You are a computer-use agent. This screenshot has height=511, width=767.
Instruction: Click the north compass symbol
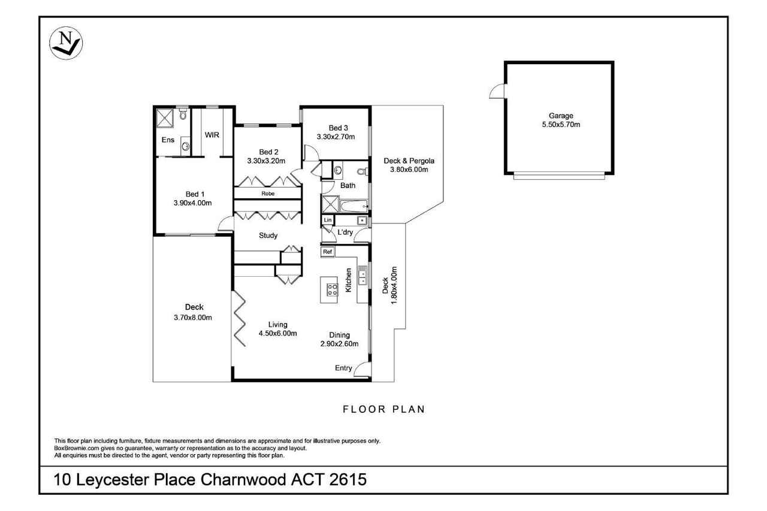pos(66,43)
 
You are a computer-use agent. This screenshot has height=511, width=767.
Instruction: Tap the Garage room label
pos(561,116)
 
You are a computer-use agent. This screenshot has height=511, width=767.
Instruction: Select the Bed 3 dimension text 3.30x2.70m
pos(336,137)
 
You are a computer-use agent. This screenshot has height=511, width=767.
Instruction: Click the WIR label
pos(212,135)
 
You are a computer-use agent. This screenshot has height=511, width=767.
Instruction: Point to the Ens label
pos(168,140)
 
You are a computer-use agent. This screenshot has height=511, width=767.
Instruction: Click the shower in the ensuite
pos(165,118)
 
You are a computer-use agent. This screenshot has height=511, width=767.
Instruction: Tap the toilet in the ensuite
pos(183,114)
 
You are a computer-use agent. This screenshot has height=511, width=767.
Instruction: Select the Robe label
pos(268,193)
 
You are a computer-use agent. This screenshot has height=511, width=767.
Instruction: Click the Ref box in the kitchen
pos(327,252)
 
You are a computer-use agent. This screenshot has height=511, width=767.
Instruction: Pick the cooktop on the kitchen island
pos(333,289)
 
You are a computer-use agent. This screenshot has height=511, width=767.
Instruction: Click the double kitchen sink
pos(363,276)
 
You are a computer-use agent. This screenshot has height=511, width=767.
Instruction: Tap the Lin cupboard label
pos(328,220)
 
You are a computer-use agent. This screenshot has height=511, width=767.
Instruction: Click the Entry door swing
pos(363,370)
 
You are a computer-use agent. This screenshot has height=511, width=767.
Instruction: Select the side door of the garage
pos(497,91)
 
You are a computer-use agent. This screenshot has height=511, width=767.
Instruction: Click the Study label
pos(268,235)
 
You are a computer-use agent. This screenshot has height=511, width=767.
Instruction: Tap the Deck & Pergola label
pos(409,161)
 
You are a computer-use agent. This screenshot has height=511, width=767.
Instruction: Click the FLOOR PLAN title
pos(384,409)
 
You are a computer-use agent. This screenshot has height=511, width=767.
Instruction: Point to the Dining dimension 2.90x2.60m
pos(339,344)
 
